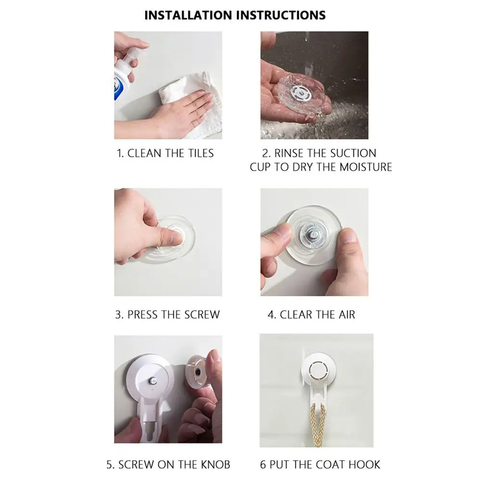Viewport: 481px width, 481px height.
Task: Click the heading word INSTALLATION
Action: (188, 15)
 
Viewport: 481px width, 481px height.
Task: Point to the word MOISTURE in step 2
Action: (366, 167)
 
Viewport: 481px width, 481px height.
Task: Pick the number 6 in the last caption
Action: (263, 465)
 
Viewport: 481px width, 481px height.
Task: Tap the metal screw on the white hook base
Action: (152, 381)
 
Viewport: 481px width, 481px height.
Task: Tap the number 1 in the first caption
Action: (120, 153)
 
